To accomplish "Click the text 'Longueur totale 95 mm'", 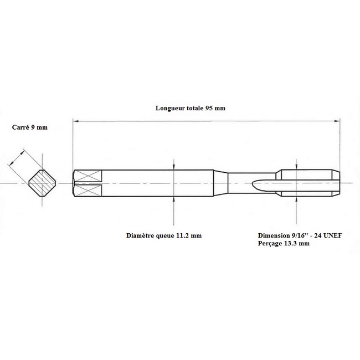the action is click(191, 108).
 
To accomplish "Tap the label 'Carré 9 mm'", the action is click(30, 127).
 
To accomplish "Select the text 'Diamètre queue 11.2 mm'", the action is click(164, 235).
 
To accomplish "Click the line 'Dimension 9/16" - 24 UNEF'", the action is click(300, 235).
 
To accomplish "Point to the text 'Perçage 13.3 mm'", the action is click(284, 243).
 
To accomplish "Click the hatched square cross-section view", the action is click(42, 183).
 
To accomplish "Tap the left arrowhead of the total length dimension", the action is click(75, 121).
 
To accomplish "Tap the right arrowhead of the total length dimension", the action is click(337, 121).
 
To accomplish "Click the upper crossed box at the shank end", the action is click(88, 176).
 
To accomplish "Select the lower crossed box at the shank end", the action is click(88, 191).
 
